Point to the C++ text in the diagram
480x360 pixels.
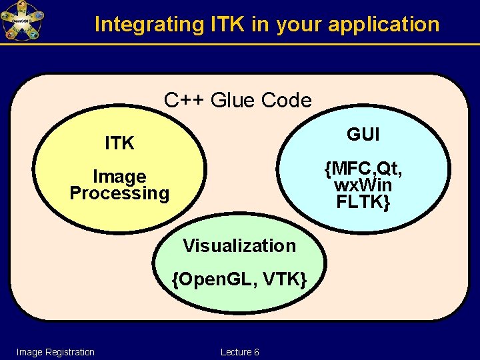[185, 101]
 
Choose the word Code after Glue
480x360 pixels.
[286, 101]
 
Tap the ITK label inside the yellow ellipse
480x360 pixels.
[120, 143]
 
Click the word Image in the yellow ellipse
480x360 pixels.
[119, 177]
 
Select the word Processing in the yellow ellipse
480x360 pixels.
[119, 193]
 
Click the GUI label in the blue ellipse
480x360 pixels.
[363, 134]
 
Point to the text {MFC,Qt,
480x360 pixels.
[363, 170]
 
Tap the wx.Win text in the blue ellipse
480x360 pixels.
[363, 186]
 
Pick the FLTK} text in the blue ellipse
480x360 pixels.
[363, 202]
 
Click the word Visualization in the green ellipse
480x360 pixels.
[239, 246]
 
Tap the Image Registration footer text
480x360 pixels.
[55, 352]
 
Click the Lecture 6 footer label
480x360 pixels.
[239, 352]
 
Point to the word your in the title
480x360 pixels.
[298, 25]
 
